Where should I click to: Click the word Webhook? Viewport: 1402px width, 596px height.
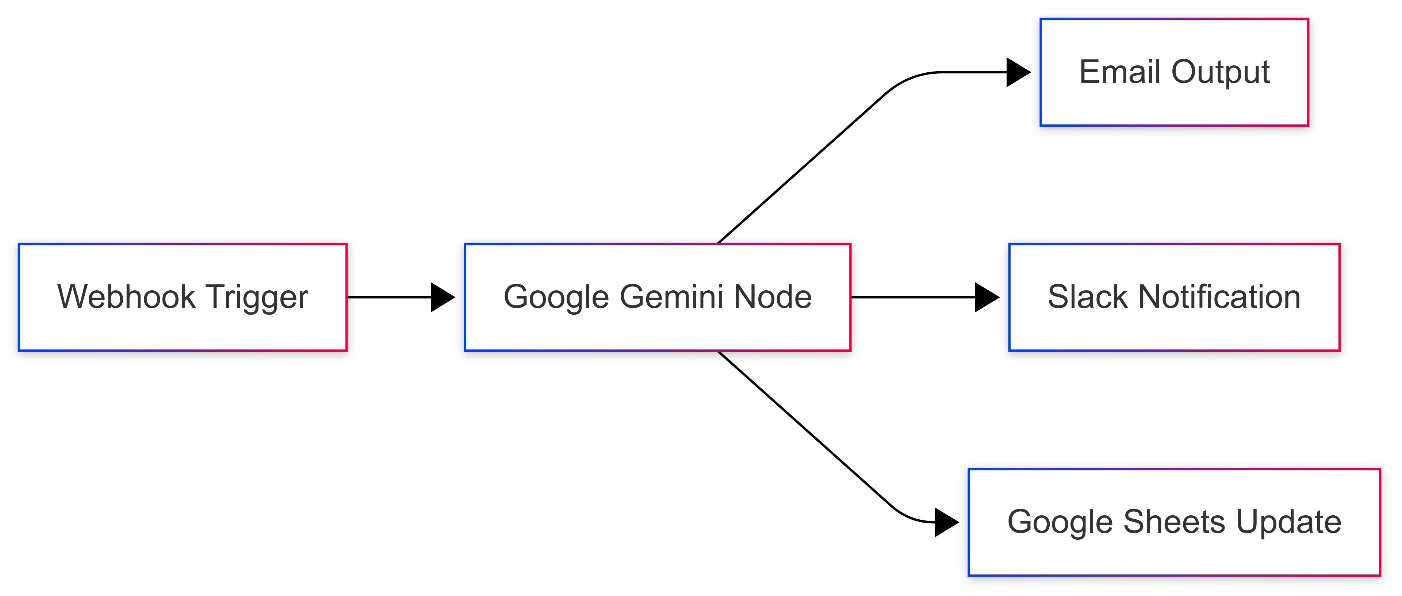(126, 297)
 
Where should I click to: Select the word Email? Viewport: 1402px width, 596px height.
(1121, 72)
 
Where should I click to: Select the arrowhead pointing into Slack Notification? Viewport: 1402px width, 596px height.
(986, 297)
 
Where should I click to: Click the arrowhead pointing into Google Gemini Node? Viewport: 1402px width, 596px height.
(442, 297)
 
